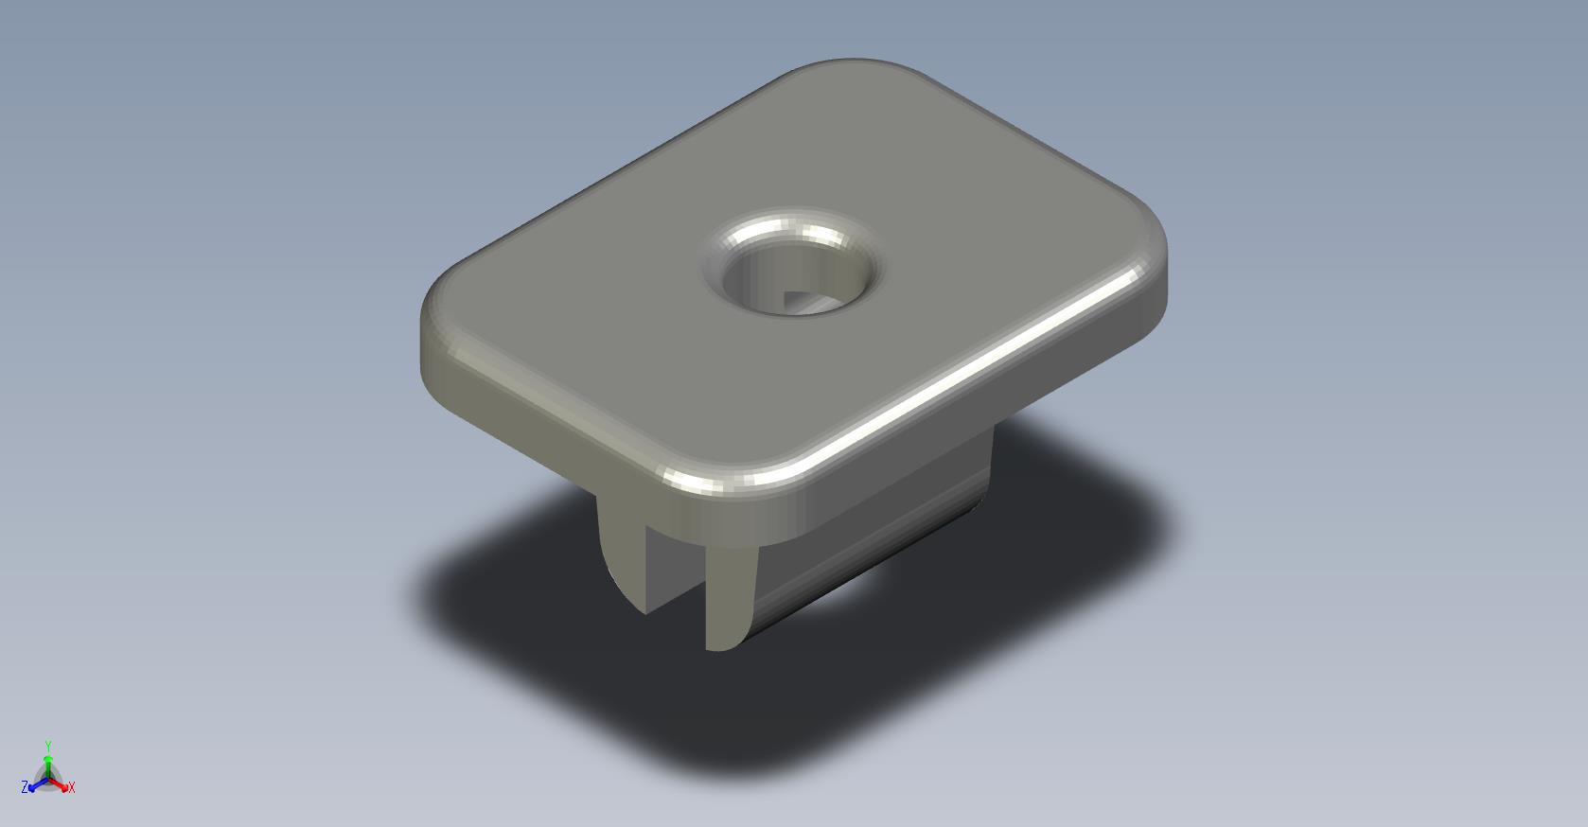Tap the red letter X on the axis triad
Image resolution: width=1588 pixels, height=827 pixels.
[x=71, y=787]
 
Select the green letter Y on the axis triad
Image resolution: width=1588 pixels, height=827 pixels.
[x=48, y=746]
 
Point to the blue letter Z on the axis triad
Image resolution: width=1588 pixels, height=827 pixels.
[x=25, y=786]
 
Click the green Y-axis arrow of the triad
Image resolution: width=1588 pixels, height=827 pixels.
[x=48, y=766]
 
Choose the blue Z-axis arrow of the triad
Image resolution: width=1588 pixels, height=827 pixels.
[x=38, y=785]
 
